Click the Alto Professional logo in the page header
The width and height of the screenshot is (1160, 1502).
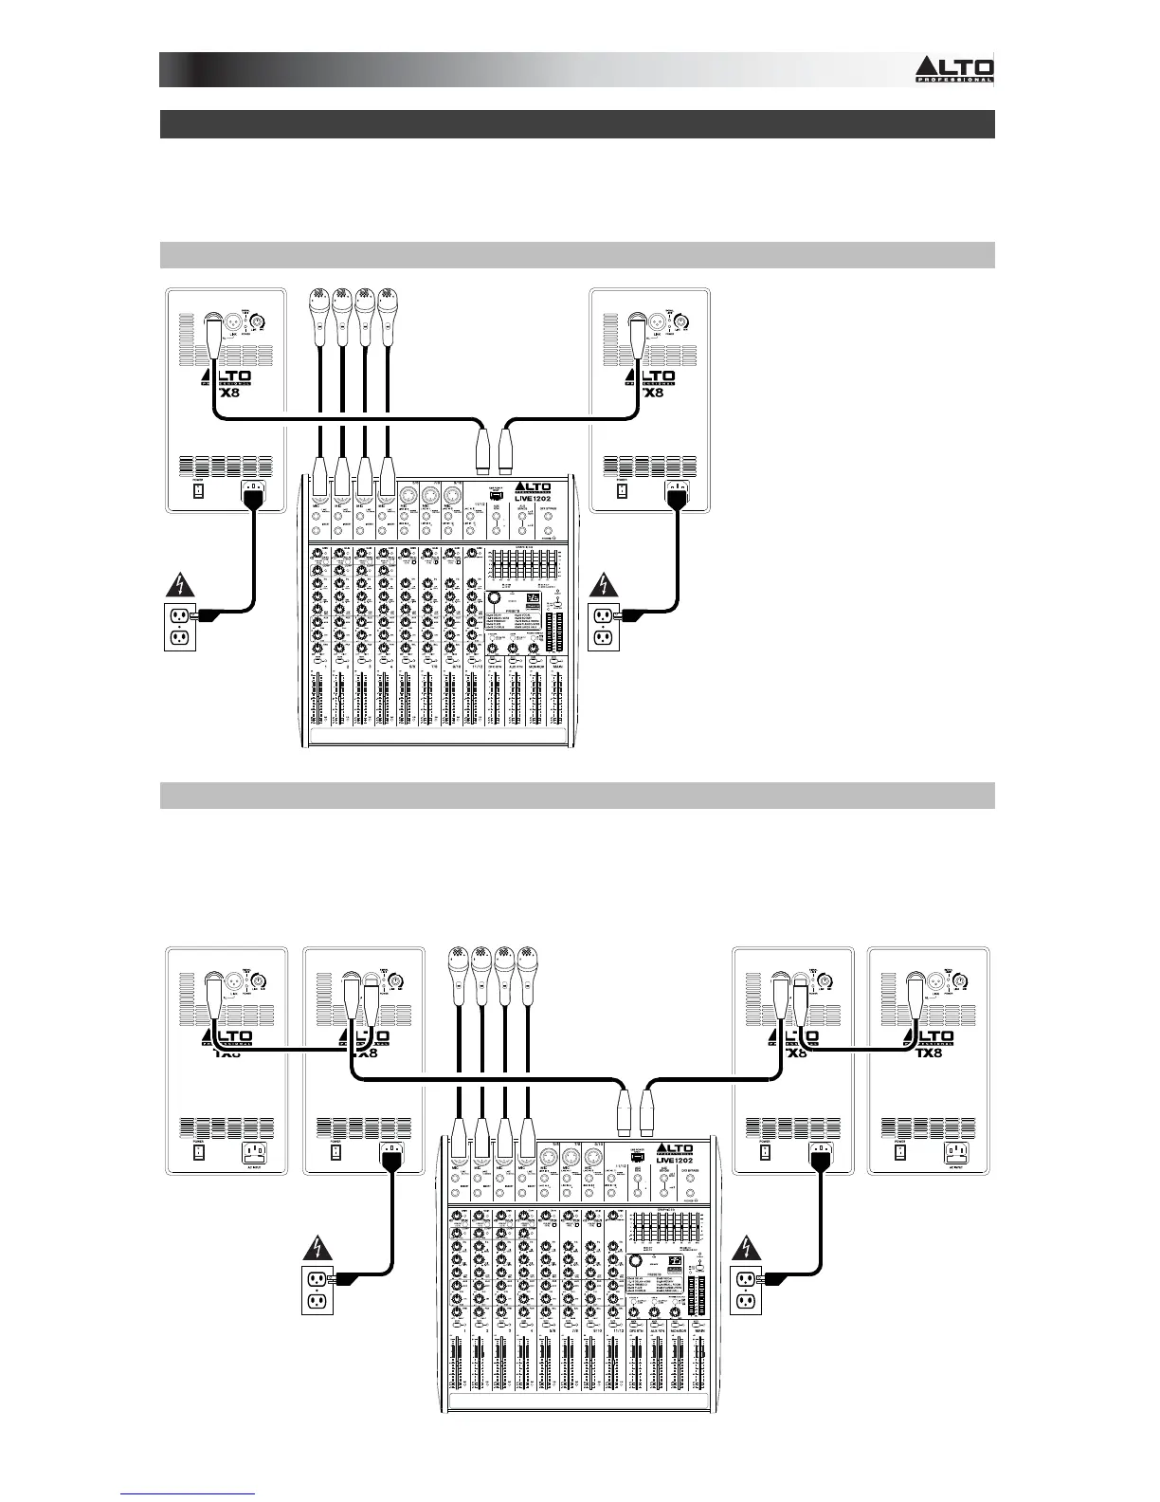(x=953, y=69)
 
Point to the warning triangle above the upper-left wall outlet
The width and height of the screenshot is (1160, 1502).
(x=180, y=585)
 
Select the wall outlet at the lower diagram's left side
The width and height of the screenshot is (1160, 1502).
(x=316, y=1290)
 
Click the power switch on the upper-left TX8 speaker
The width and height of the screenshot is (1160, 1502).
(x=199, y=493)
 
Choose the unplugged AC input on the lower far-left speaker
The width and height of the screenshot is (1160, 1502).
(x=253, y=1153)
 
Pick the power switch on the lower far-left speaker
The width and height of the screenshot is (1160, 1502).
(x=199, y=1153)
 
